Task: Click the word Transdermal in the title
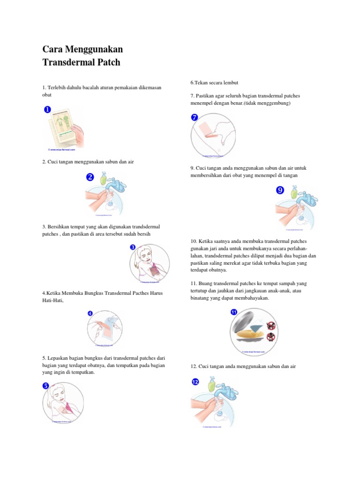68,62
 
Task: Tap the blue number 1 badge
47,110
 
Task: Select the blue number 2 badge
90,177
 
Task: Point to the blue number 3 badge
133,247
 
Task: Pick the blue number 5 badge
46,385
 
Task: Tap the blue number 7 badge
195,117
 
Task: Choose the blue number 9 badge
280,190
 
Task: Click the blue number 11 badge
234,312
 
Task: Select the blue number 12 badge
195,382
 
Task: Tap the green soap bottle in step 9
293,192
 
